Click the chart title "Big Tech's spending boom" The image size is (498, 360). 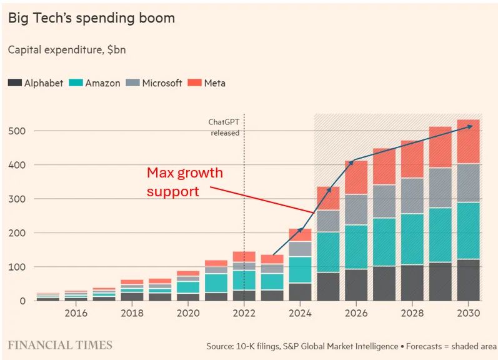(91, 18)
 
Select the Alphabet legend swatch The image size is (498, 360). (14, 82)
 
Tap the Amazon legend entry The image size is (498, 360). (94, 82)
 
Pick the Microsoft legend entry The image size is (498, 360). (153, 82)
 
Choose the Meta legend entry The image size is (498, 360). (207, 82)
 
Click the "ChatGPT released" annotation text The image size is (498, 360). (225, 127)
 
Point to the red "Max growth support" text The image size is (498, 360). (184, 181)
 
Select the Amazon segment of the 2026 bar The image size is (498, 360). (356, 247)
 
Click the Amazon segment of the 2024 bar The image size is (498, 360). (300, 269)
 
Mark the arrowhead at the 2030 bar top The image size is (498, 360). (470, 126)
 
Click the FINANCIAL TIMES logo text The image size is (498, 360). (60, 345)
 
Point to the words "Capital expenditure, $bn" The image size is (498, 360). (67, 49)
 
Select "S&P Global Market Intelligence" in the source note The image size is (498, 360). (341, 346)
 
